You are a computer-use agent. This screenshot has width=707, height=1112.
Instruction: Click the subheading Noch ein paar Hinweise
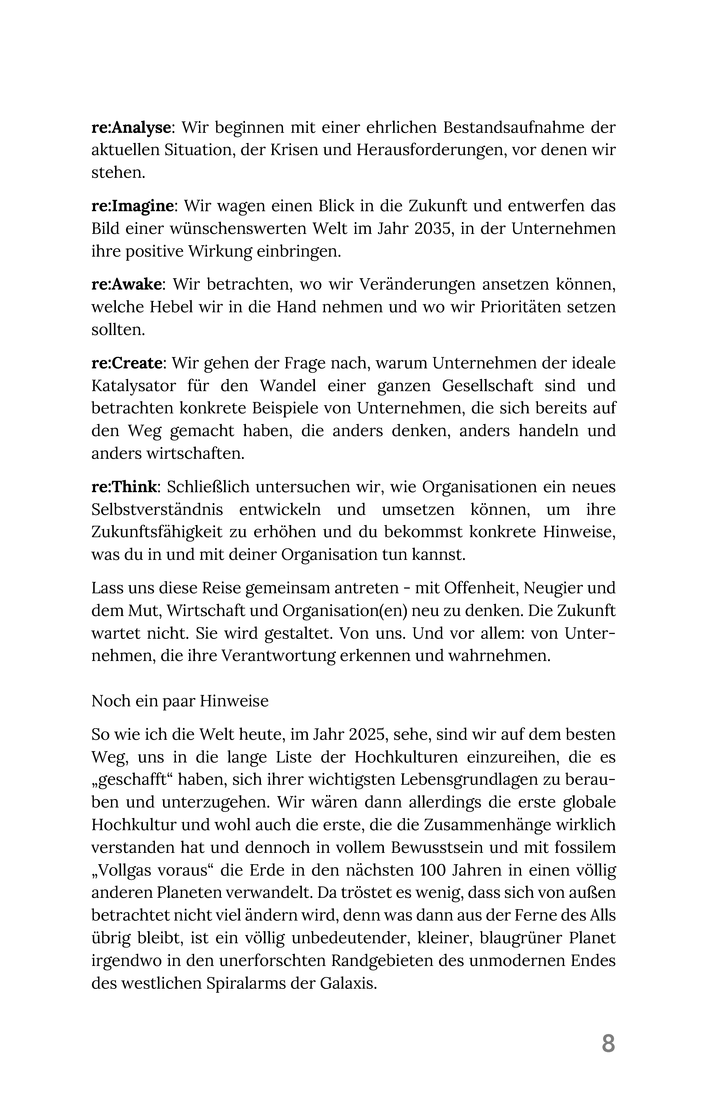click(180, 701)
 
